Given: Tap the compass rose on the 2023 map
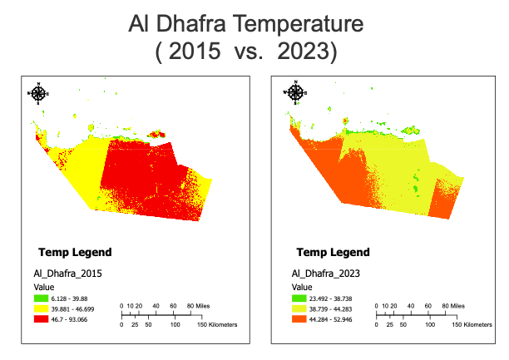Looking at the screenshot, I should coord(295,93).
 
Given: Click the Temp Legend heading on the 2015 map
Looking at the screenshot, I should coord(75,252).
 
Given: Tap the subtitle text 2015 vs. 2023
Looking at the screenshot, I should coord(245,52).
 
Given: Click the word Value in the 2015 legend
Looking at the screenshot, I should coord(44,286).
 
